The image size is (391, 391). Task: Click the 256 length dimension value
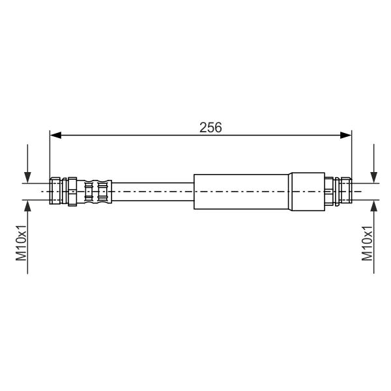[210, 128]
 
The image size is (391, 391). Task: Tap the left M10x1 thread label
[22, 242]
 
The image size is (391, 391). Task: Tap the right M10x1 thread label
[367, 243]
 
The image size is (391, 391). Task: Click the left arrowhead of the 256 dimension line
[55, 136]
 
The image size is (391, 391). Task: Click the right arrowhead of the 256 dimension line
[346, 136]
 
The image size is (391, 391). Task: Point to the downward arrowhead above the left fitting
[27, 177]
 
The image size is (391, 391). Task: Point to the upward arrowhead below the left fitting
[27, 205]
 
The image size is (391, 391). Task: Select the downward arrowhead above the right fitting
[373, 177]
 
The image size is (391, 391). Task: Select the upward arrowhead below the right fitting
[373, 205]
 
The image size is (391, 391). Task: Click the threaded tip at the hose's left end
[55, 191]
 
